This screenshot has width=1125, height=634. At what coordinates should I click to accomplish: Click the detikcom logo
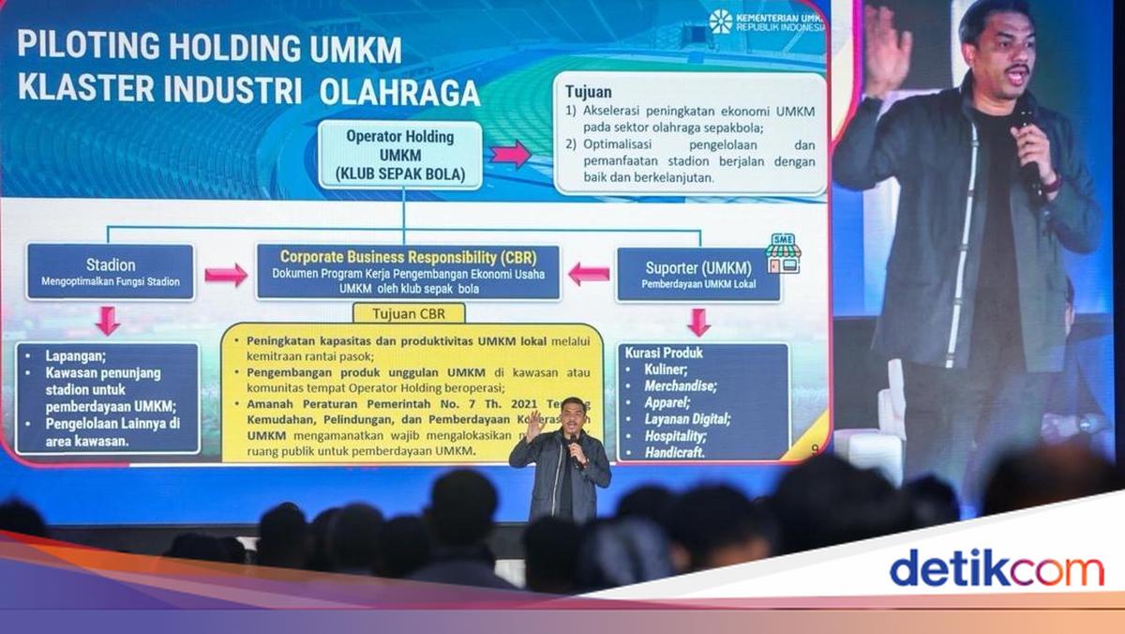(997, 568)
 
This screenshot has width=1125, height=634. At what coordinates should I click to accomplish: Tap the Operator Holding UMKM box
(400, 156)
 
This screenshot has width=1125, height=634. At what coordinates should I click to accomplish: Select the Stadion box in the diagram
(111, 272)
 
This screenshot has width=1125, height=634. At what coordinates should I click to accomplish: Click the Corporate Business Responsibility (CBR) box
(408, 272)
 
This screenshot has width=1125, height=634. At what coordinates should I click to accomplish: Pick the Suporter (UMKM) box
(697, 274)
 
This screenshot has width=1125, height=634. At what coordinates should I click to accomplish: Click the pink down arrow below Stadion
(108, 321)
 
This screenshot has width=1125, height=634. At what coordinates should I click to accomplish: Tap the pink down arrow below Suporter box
(698, 322)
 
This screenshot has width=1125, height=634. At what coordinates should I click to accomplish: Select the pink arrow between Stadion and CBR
(226, 275)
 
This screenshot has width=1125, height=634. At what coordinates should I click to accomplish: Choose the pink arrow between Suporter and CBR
(589, 274)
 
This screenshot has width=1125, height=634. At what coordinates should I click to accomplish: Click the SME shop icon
(783, 253)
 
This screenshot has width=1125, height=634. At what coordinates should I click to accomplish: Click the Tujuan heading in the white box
(588, 92)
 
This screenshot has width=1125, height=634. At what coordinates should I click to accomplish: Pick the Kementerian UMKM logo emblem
(720, 21)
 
